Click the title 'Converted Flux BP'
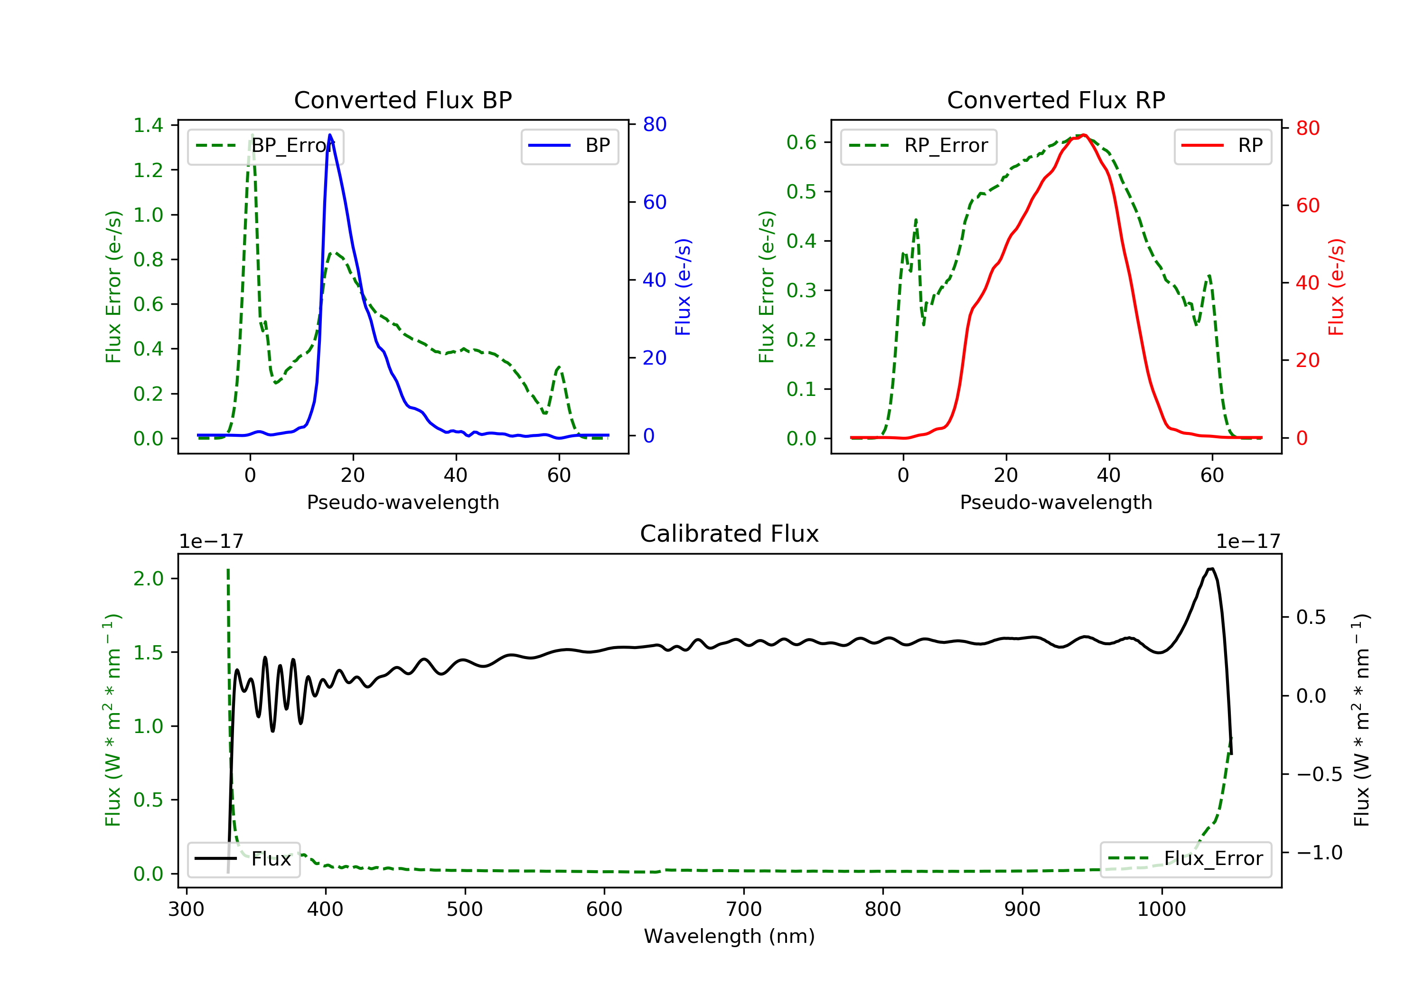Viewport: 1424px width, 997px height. pyautogui.click(x=403, y=100)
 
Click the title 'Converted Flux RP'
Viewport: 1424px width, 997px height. pyautogui.click(x=1056, y=100)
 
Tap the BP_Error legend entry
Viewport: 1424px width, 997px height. pyautogui.click(x=265, y=146)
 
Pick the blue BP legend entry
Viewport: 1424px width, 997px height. pyautogui.click(x=569, y=146)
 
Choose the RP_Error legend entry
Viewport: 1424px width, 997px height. pyautogui.click(x=918, y=146)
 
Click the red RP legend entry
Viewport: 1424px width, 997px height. pyautogui.click(x=1222, y=146)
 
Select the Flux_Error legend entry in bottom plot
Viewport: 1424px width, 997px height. pyautogui.click(x=1185, y=859)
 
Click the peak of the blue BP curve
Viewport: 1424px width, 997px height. pyautogui.click(x=330, y=135)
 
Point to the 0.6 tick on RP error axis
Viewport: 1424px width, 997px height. pyautogui.click(x=801, y=142)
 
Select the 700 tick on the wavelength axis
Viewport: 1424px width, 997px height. pyautogui.click(x=744, y=910)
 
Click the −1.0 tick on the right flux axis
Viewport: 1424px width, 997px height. pyautogui.click(x=1319, y=853)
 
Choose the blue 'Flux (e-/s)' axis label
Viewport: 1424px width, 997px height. pyautogui.click(x=683, y=287)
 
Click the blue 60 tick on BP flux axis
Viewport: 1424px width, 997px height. pyautogui.click(x=654, y=202)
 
